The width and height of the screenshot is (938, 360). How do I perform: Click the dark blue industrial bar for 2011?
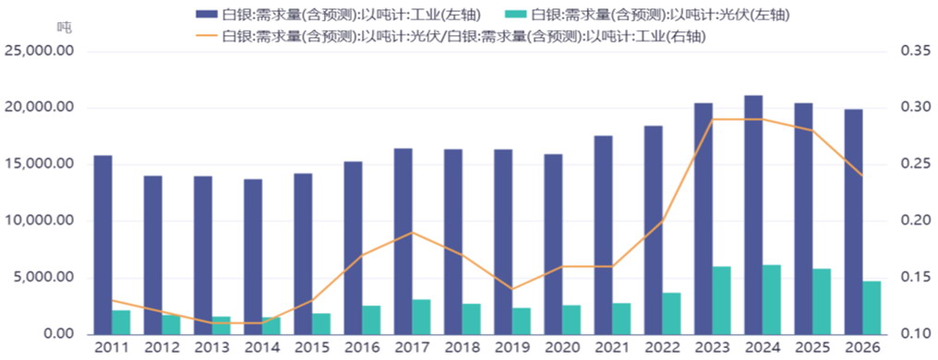pos(102,246)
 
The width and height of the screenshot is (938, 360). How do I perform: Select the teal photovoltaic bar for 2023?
pos(722,301)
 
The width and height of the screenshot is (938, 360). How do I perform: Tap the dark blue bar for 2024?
pos(753,215)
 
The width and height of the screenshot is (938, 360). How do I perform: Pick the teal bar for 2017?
pos(421,318)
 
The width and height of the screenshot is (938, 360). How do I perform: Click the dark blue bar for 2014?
pos(253,258)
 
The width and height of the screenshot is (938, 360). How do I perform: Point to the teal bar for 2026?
pos(872,308)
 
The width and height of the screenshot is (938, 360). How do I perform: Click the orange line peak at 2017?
pos(413,233)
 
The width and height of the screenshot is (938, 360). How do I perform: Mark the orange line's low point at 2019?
pos(512,290)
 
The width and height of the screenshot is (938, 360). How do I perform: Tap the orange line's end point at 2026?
pos(862,175)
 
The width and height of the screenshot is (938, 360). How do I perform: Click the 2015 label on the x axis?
pos(312,347)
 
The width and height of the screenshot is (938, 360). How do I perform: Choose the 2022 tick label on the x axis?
pos(662,347)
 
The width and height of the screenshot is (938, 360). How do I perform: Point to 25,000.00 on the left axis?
pos(40,52)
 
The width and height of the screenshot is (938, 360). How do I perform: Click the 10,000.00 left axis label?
pos(40,222)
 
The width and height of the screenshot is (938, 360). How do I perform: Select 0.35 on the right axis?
pos(915,52)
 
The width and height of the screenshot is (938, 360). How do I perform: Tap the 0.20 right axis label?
pos(915,222)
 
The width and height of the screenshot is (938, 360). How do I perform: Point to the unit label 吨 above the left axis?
pos(64,27)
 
